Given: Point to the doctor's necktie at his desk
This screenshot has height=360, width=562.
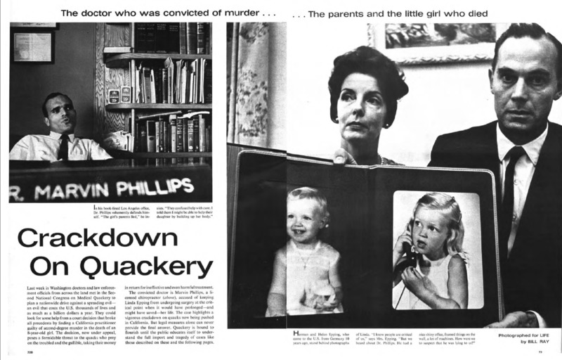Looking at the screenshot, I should [63, 147].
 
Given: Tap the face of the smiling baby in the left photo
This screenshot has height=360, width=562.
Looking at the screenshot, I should [307, 217].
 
